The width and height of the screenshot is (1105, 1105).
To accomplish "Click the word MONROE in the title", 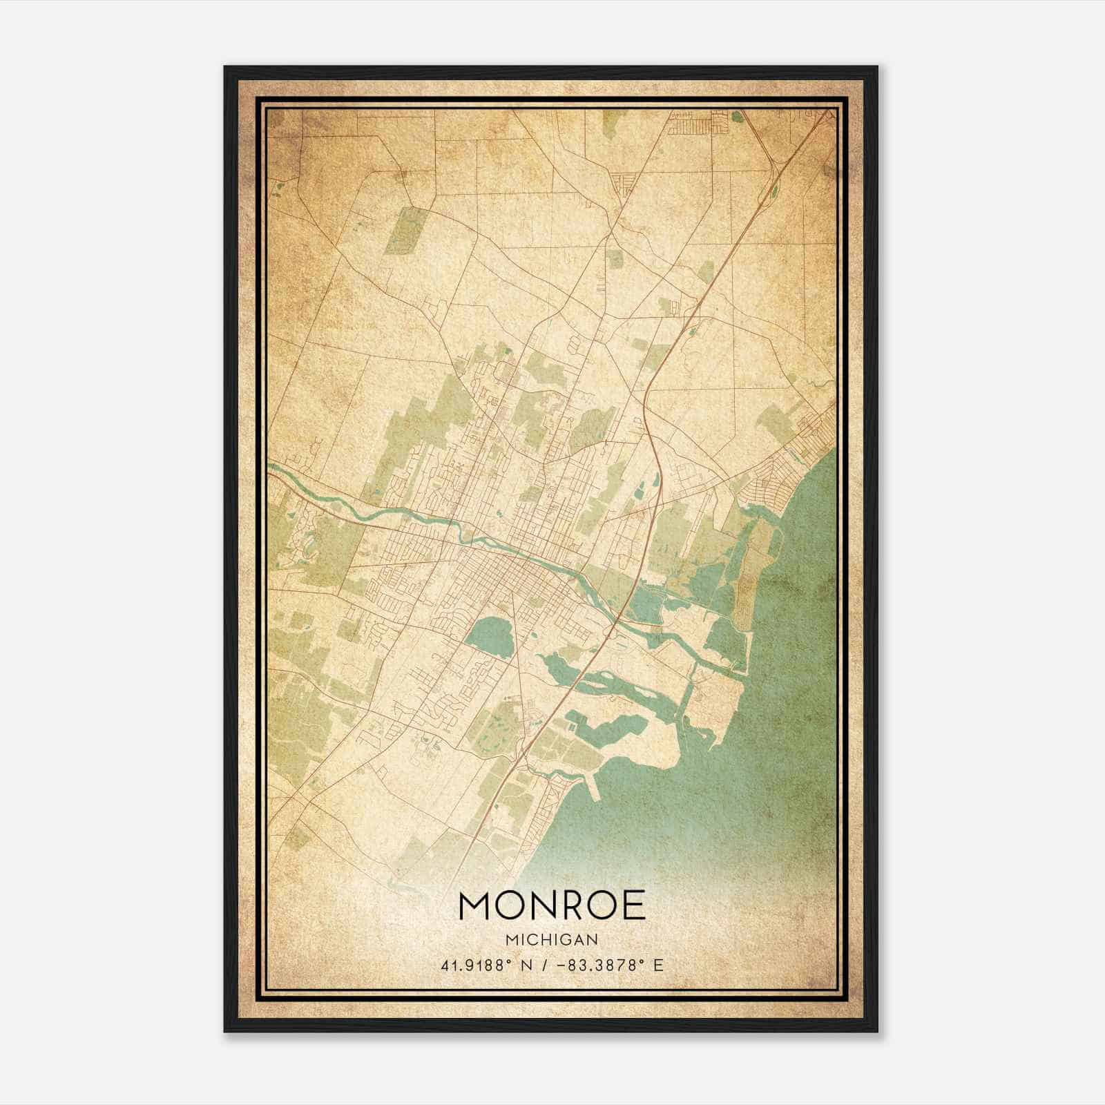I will point(551,906).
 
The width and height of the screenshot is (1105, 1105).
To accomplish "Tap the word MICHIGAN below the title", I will point(551,939).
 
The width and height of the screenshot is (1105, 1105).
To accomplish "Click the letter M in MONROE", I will point(476,906).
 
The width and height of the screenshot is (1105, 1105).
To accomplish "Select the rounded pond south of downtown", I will point(490,632).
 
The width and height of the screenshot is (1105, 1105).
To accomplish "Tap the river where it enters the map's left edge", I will point(272,469).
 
